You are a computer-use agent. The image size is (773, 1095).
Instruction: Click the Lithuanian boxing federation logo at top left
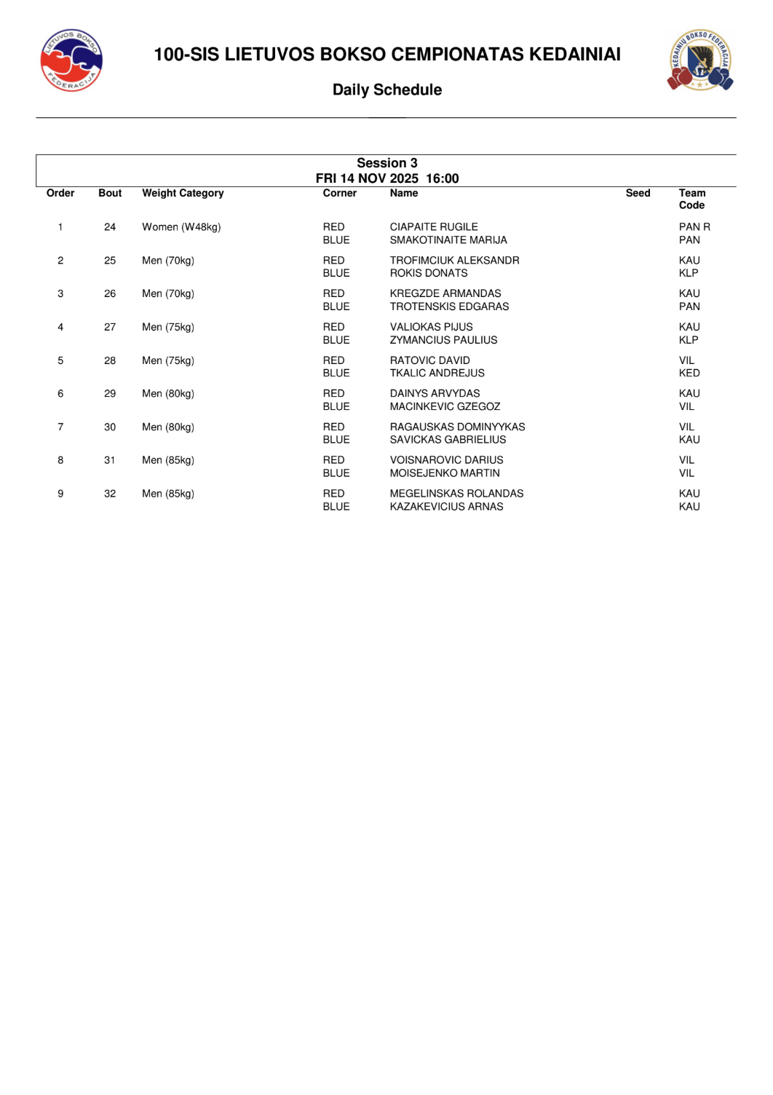point(71,60)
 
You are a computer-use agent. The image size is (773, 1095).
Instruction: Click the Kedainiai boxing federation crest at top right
point(700,60)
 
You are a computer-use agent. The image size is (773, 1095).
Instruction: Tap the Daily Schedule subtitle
point(386,90)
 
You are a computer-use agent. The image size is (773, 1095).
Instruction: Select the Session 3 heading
point(386,163)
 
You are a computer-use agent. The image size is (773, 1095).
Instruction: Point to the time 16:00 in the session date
point(443,178)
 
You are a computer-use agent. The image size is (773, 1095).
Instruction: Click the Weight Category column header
point(183,193)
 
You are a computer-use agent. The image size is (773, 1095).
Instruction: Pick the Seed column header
point(638,193)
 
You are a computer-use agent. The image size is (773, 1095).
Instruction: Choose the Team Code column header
point(692,199)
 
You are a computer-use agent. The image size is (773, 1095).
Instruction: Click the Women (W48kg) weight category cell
point(181,227)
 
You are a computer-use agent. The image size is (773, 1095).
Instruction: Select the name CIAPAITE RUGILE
point(434,227)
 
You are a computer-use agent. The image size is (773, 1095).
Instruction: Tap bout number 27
point(110,327)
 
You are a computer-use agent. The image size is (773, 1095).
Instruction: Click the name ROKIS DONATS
point(429,273)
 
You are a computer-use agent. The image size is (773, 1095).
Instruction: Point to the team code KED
point(689,373)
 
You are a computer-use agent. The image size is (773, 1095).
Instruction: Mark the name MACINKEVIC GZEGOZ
point(445,406)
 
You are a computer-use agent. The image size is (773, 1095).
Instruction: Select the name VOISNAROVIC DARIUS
point(446,460)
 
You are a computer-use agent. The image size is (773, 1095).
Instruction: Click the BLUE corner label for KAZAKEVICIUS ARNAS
point(336,507)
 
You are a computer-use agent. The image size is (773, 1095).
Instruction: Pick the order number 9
point(60,494)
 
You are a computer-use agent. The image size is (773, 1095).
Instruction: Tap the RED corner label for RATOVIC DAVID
point(333,360)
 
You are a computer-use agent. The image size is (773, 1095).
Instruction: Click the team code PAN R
point(694,227)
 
